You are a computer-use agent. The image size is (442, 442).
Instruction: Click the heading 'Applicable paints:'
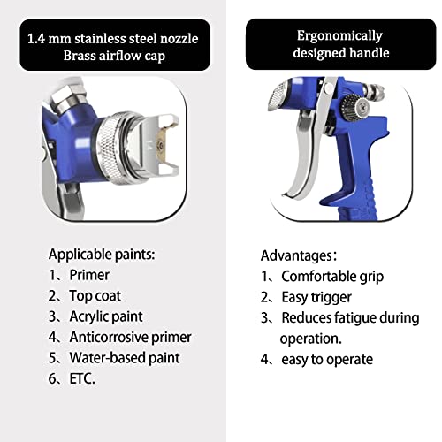point(102,255)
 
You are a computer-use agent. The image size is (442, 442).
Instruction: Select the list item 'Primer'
point(89,275)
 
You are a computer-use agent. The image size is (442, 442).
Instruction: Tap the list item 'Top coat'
point(95,296)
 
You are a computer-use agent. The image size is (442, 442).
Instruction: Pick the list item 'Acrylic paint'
point(106,317)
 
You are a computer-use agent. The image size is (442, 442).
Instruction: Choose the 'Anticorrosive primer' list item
point(131,338)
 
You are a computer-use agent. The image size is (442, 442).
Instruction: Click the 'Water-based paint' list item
point(125,358)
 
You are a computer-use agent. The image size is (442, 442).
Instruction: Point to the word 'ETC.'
point(82,378)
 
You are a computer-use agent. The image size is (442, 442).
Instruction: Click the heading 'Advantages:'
point(299,255)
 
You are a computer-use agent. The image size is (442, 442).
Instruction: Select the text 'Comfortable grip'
point(332,277)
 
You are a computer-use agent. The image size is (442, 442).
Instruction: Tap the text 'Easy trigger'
point(316,298)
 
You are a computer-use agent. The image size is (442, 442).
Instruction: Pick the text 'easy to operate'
point(327,360)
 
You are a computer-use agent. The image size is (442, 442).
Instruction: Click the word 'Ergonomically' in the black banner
point(339,36)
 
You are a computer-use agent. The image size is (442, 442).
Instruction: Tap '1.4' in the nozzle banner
point(36,39)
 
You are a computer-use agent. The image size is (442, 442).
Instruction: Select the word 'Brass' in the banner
point(79,56)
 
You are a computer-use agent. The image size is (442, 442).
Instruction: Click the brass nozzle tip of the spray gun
point(162,144)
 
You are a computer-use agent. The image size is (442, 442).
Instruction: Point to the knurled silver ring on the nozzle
point(110,149)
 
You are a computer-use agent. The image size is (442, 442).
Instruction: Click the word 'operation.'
point(311,339)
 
